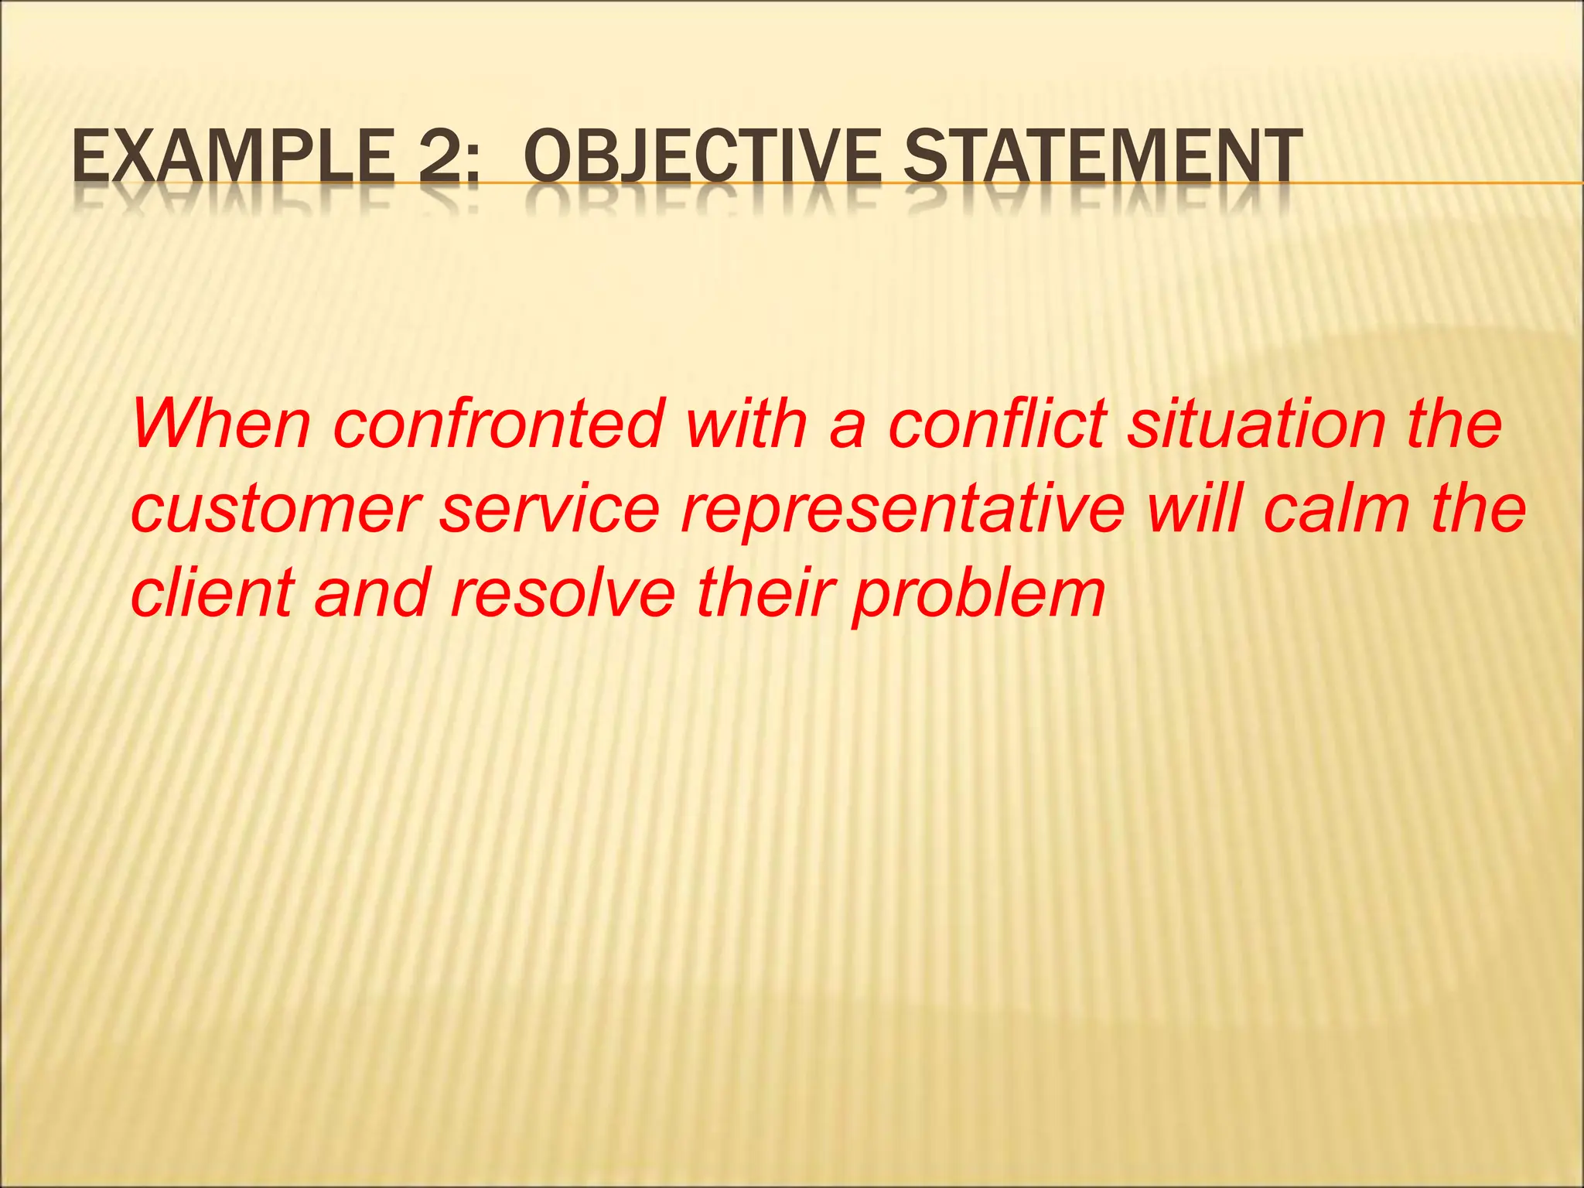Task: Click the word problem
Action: [978, 596]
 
